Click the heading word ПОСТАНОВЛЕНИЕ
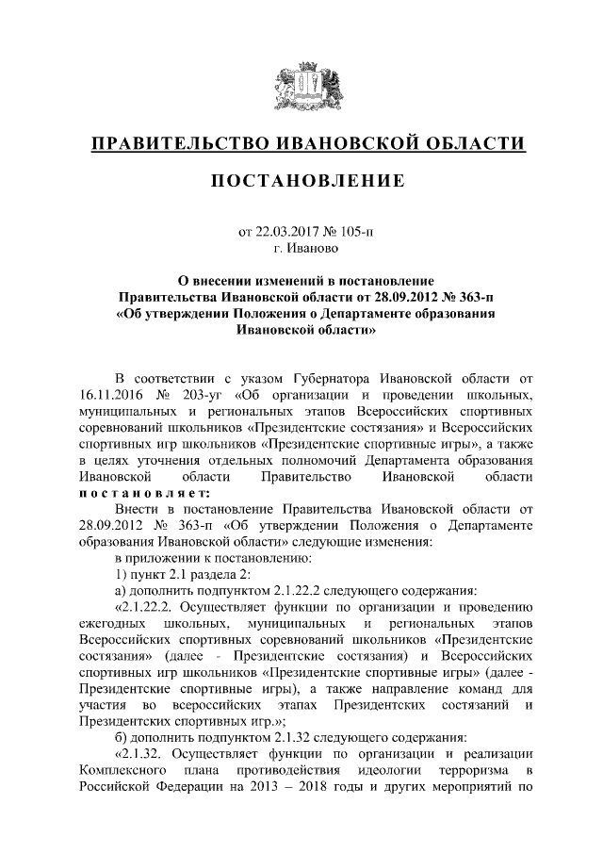tap(301, 180)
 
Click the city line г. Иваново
tap(301, 249)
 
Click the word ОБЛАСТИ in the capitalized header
tap(468, 143)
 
